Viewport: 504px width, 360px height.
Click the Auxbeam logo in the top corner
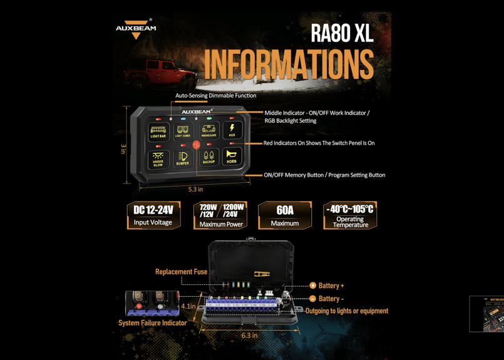pyautogui.click(x=136, y=29)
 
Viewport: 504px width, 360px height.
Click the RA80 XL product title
pyautogui.click(x=341, y=34)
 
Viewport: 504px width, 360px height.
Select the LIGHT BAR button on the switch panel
pyautogui.click(x=158, y=131)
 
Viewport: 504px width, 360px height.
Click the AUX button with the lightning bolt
pyautogui.click(x=232, y=130)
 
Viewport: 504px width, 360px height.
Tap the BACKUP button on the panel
pyautogui.click(x=208, y=158)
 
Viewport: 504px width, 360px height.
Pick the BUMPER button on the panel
pyautogui.click(x=182, y=158)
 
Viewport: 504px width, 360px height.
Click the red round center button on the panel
pyautogui.click(x=196, y=145)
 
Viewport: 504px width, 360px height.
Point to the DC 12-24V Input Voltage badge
pyautogui.click(x=153, y=215)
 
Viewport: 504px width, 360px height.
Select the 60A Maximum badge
pyautogui.click(x=285, y=215)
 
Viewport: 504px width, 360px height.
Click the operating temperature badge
pyautogui.click(x=350, y=215)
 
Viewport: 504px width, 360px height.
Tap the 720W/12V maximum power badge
pyautogui.click(x=220, y=215)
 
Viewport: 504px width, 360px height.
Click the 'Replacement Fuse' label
pyautogui.click(x=181, y=272)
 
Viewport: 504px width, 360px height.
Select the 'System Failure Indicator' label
pyautogui.click(x=152, y=323)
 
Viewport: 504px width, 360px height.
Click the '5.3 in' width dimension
pyautogui.click(x=195, y=189)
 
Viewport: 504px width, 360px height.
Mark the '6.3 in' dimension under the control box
pyautogui.click(x=250, y=335)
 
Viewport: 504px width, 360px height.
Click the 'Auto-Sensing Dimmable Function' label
pyautogui.click(x=215, y=96)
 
